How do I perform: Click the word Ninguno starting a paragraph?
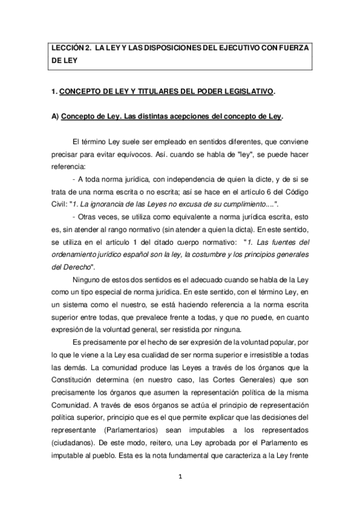[x=87, y=280]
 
